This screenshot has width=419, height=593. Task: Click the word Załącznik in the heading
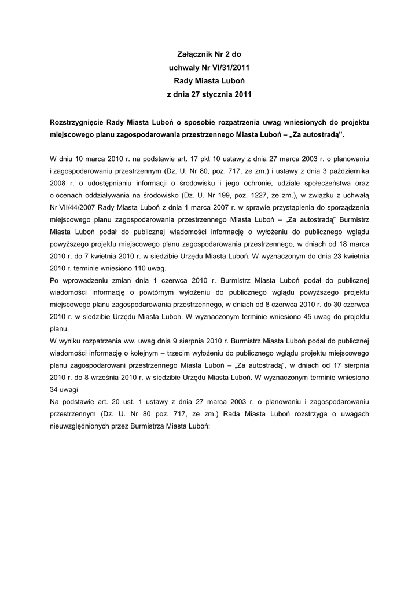[x=195, y=55]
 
